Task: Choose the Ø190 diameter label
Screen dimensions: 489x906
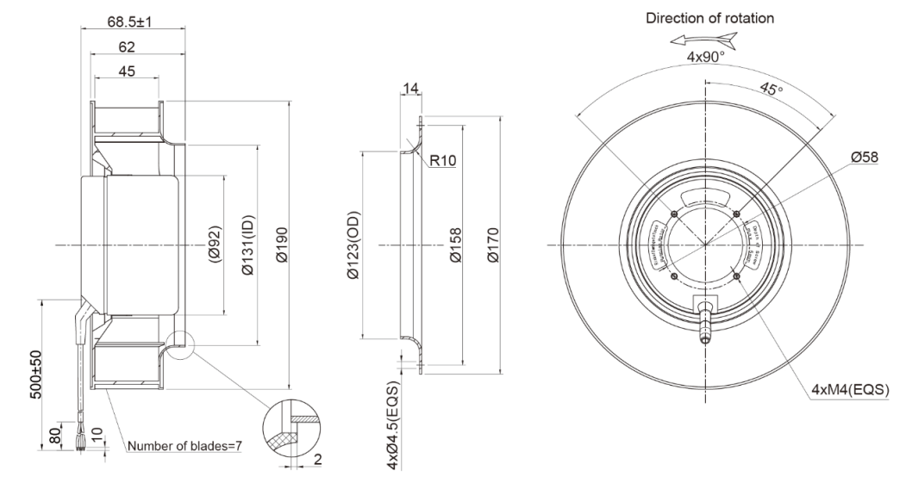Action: [278, 245]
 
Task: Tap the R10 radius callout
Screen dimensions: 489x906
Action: [442, 159]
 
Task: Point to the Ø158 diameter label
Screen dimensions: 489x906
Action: [454, 246]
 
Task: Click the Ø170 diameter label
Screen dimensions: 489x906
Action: [493, 246]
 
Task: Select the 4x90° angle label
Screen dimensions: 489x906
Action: [704, 58]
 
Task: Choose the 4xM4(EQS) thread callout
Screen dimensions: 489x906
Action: [850, 388]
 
